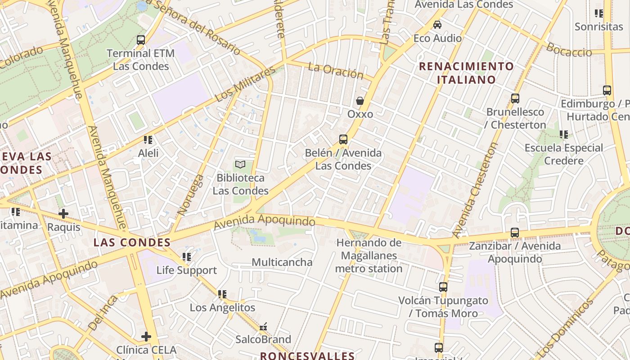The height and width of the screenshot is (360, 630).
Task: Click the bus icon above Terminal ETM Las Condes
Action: tap(141, 40)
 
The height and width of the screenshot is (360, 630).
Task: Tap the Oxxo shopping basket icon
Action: tap(360, 101)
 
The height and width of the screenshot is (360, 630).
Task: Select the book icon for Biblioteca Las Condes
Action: tap(241, 165)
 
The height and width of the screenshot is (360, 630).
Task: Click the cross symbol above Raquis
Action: tap(63, 214)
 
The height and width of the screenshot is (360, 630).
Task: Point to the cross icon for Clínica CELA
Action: tap(146, 336)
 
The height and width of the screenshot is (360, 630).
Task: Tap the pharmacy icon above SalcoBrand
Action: tap(263, 326)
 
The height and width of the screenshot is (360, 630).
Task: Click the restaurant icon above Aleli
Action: tap(148, 140)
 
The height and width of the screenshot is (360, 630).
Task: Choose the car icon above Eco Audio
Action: tap(437, 25)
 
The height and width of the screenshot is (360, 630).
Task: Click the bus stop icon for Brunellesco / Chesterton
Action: tap(515, 98)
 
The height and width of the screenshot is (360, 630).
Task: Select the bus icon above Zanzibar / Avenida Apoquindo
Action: tap(515, 233)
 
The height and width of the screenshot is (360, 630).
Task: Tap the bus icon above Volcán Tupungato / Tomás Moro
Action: tap(443, 287)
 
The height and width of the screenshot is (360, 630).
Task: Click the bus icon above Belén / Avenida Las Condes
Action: tap(343, 139)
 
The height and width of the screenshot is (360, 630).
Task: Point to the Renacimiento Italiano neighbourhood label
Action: tap(466, 73)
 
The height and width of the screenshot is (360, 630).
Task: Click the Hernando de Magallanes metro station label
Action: tap(369, 256)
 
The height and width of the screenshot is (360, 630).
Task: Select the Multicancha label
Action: tap(282, 262)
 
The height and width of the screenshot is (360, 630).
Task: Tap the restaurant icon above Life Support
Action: tap(187, 257)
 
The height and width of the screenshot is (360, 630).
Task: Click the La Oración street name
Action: tap(336, 70)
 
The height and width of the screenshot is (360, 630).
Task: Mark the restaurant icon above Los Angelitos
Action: tap(222, 294)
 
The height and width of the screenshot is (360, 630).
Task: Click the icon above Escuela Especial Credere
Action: tap(563, 134)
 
